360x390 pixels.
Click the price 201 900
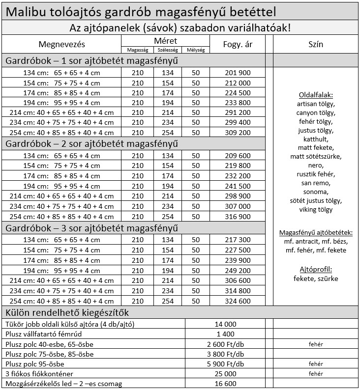(x=238, y=73)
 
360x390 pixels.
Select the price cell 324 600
(x=238, y=301)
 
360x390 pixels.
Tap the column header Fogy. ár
(x=238, y=45)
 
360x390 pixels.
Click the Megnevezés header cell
(x=61, y=45)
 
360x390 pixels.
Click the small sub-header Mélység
(x=196, y=50)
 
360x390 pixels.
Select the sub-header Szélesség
(x=168, y=50)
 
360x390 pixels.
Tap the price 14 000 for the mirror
(x=226, y=324)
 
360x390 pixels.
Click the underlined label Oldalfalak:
(x=315, y=95)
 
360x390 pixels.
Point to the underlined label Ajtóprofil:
(x=315, y=269)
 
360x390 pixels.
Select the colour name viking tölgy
(x=315, y=210)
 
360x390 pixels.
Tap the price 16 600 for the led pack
(x=226, y=384)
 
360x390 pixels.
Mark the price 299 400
(x=238, y=123)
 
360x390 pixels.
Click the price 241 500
(x=238, y=187)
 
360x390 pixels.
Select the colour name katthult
(x=315, y=139)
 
